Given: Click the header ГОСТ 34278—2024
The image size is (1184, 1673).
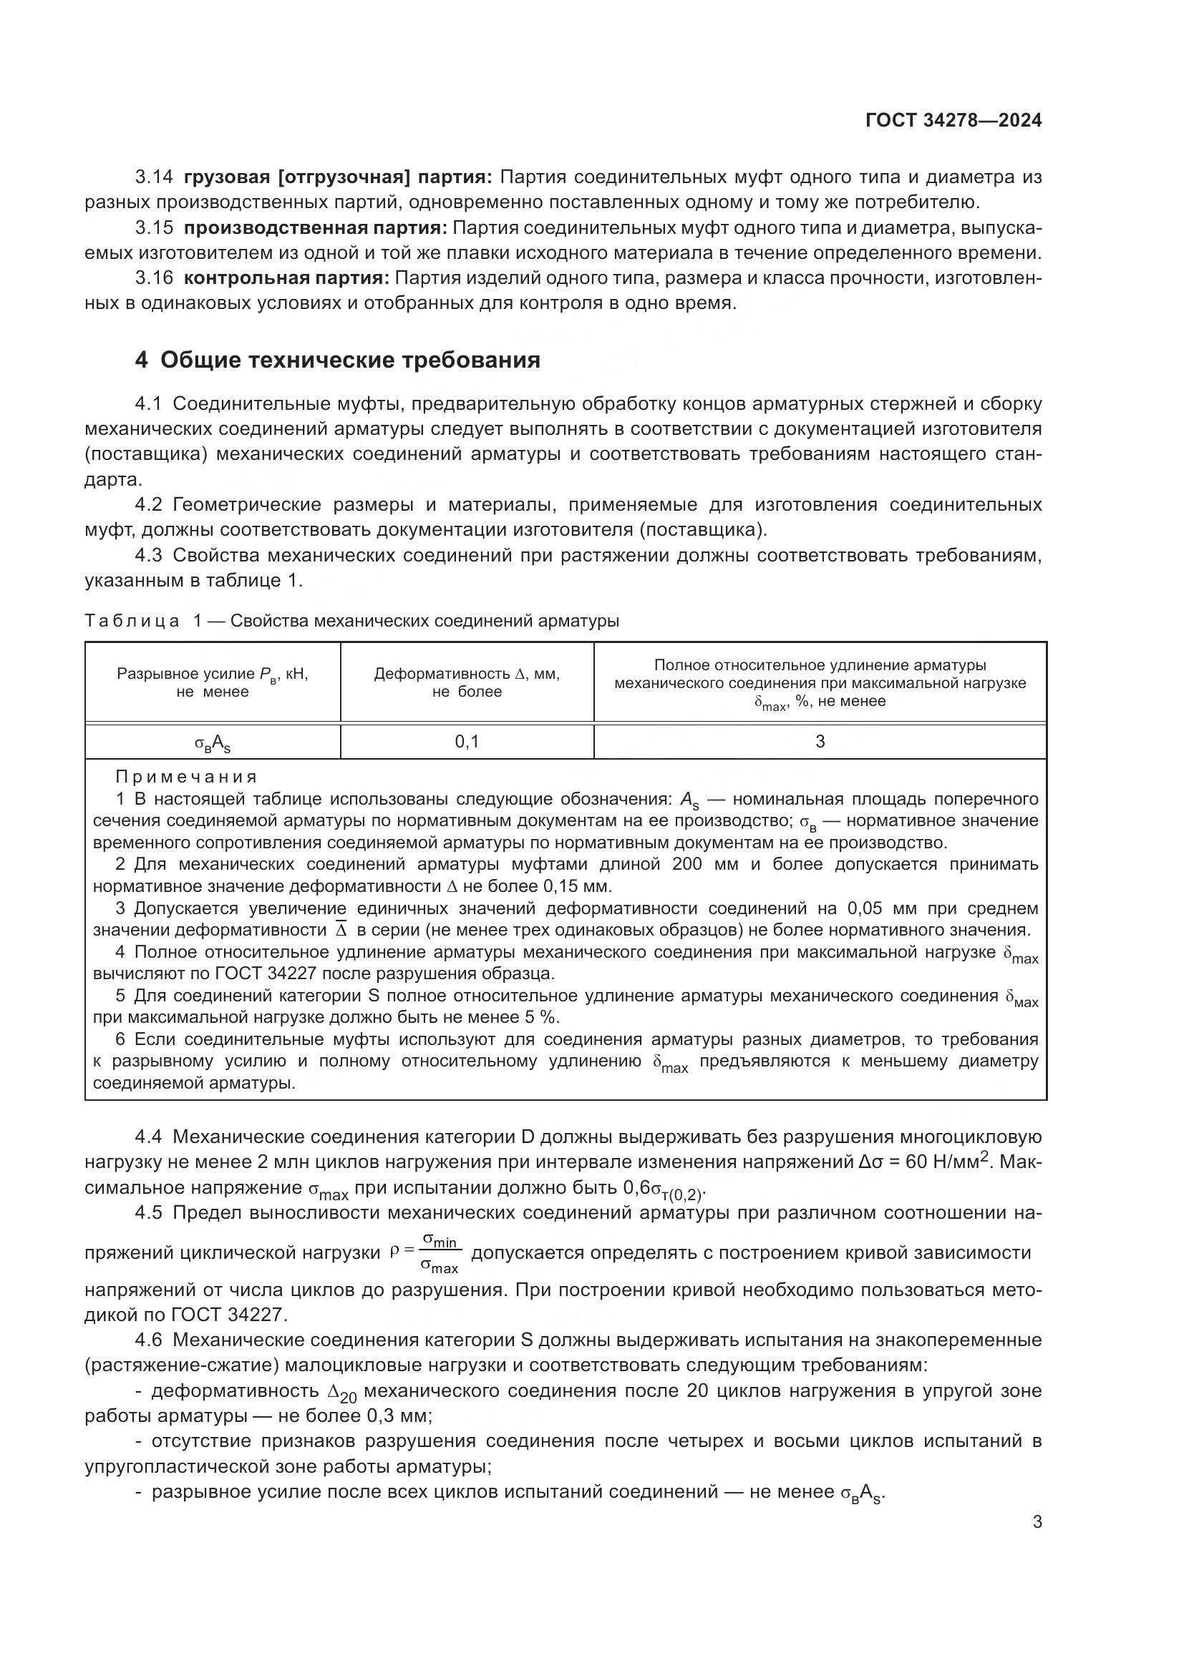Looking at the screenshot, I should [953, 120].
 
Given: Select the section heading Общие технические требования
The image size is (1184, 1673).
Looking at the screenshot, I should [350, 360].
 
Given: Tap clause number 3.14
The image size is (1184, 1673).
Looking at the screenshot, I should [154, 177].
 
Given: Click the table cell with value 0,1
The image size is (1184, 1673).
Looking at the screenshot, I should [467, 742].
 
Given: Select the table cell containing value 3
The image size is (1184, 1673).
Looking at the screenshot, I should [820, 742].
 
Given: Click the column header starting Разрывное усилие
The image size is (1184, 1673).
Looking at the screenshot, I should [212, 682].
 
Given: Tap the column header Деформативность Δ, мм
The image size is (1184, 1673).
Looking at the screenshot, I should [467, 682].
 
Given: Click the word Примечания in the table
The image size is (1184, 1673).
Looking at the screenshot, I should [187, 777].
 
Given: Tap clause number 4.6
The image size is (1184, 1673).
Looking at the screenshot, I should [154, 1340].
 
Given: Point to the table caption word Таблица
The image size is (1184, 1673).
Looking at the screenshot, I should [132, 621].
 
